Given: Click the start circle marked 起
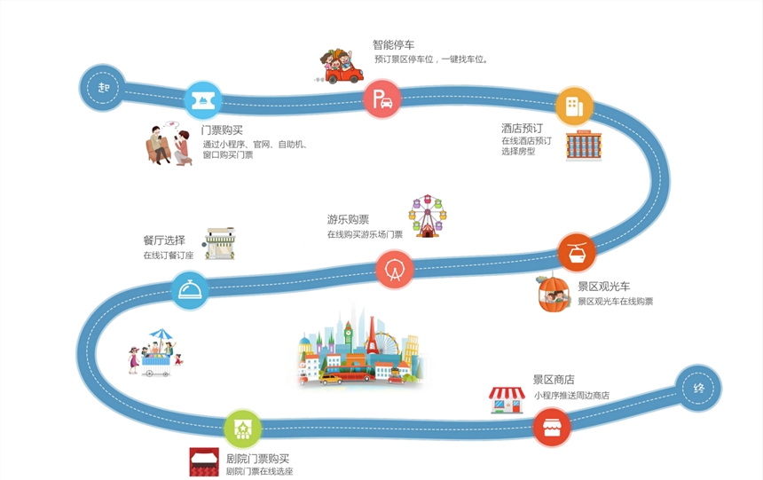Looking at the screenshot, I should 103,88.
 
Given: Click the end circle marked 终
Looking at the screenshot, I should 697,388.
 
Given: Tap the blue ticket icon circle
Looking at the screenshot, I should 203,100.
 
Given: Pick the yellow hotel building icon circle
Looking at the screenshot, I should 574,106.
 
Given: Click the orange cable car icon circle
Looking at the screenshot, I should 577,253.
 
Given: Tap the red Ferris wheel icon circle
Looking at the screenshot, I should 395,270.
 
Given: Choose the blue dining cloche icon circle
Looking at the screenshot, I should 190,291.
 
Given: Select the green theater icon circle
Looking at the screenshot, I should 242,429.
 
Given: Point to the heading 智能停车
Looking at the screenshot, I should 394,44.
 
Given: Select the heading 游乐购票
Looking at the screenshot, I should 348,220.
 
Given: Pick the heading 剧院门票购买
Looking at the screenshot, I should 257,459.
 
